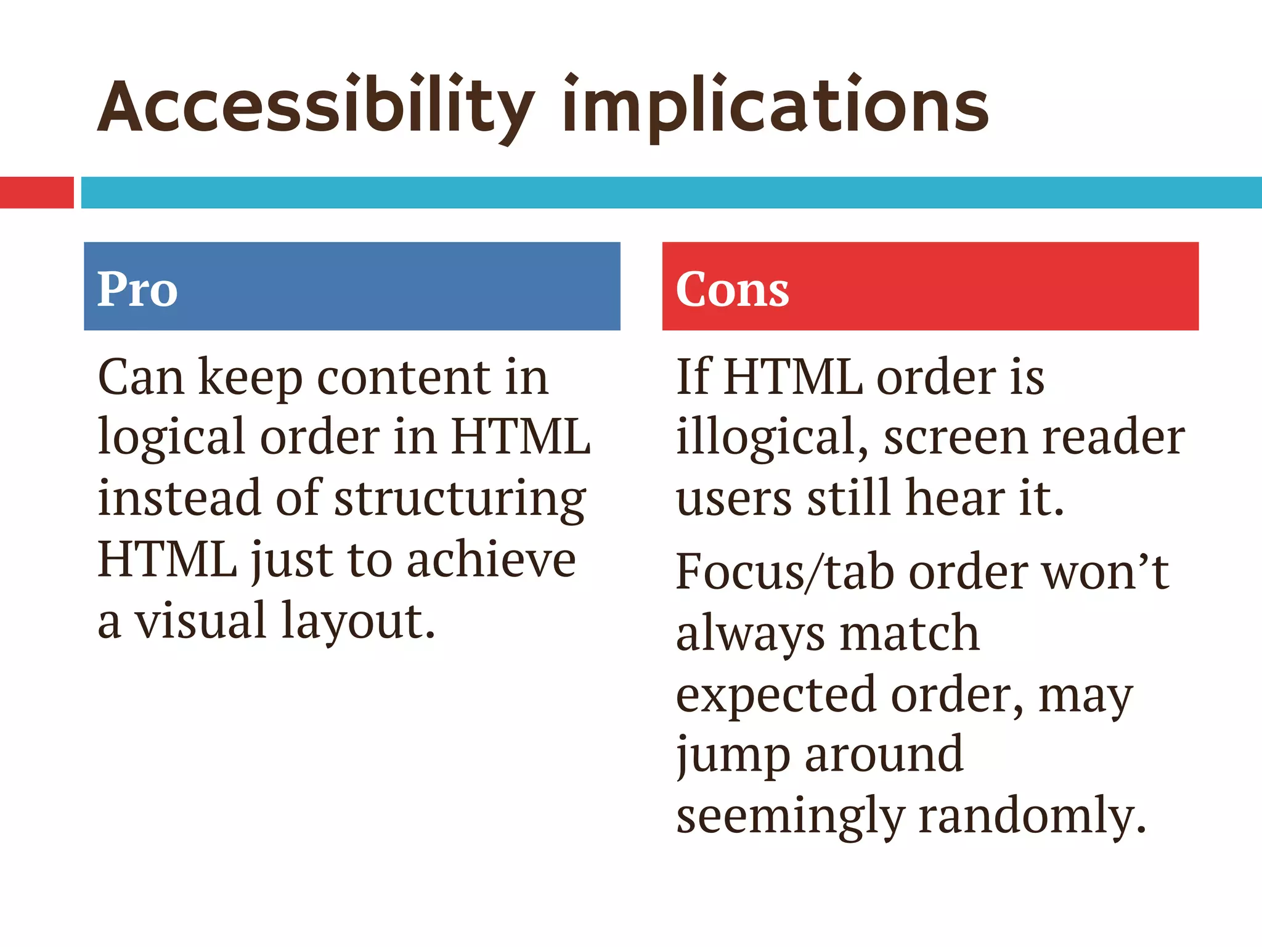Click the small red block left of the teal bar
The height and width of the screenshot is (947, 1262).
point(36,192)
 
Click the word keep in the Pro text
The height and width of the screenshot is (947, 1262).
point(250,378)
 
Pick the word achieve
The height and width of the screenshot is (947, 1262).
point(491,560)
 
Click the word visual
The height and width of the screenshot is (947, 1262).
point(200,620)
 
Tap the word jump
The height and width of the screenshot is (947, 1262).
point(733,756)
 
